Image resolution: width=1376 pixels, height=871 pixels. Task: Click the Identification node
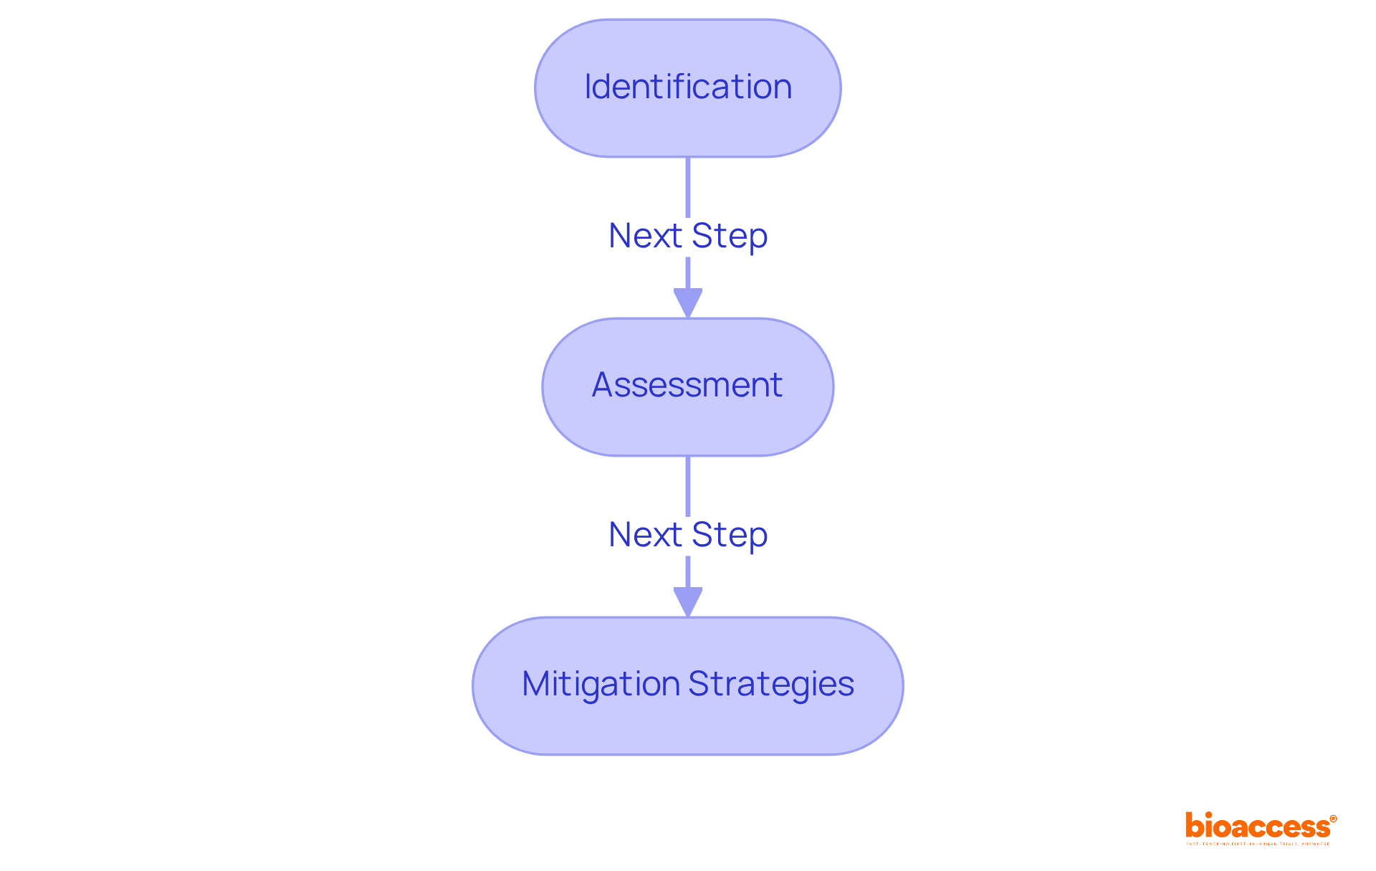point(687,88)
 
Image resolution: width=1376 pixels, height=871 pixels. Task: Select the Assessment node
point(687,386)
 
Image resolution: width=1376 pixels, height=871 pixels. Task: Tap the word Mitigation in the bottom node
point(600,684)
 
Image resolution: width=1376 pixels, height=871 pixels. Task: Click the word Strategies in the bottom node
point(771,684)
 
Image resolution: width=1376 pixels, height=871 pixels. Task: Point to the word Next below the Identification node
point(645,236)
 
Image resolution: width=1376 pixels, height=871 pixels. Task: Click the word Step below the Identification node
point(730,236)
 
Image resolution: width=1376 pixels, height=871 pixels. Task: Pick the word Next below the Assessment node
point(645,535)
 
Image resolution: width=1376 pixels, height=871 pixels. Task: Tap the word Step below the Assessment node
point(730,535)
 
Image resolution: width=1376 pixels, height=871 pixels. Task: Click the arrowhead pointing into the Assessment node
point(687,303)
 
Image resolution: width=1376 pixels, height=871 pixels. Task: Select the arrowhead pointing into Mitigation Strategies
point(687,601)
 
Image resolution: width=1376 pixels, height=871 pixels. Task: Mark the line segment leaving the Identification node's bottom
point(687,186)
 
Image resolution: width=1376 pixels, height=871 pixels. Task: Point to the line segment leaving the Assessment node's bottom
point(687,485)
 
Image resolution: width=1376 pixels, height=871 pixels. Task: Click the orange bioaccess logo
point(1258,827)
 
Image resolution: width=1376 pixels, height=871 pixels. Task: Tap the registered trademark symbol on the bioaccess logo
point(1333,819)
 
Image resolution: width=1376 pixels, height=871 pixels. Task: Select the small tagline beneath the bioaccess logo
point(1258,844)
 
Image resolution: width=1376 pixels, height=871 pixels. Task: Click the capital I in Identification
point(588,87)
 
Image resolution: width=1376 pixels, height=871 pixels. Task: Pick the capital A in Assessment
point(603,385)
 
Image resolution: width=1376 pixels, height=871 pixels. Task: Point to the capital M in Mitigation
point(536,684)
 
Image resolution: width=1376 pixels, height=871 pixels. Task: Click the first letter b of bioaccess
point(1194,825)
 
